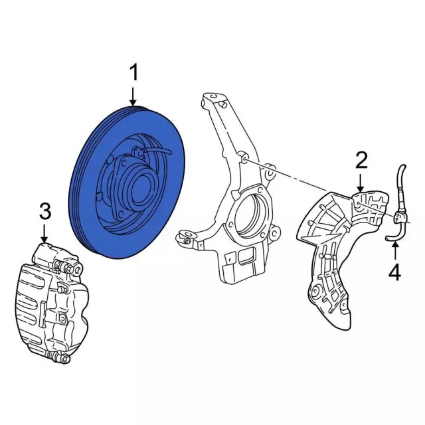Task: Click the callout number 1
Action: pos(135,73)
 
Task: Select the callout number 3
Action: pos(44,211)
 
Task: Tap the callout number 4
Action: pos(394,272)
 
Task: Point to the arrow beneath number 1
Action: pos(135,96)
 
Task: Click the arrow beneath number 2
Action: pos(361,182)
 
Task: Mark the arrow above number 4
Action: pos(394,251)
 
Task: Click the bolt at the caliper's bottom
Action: pos(64,359)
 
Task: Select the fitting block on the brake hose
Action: pos(400,216)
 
